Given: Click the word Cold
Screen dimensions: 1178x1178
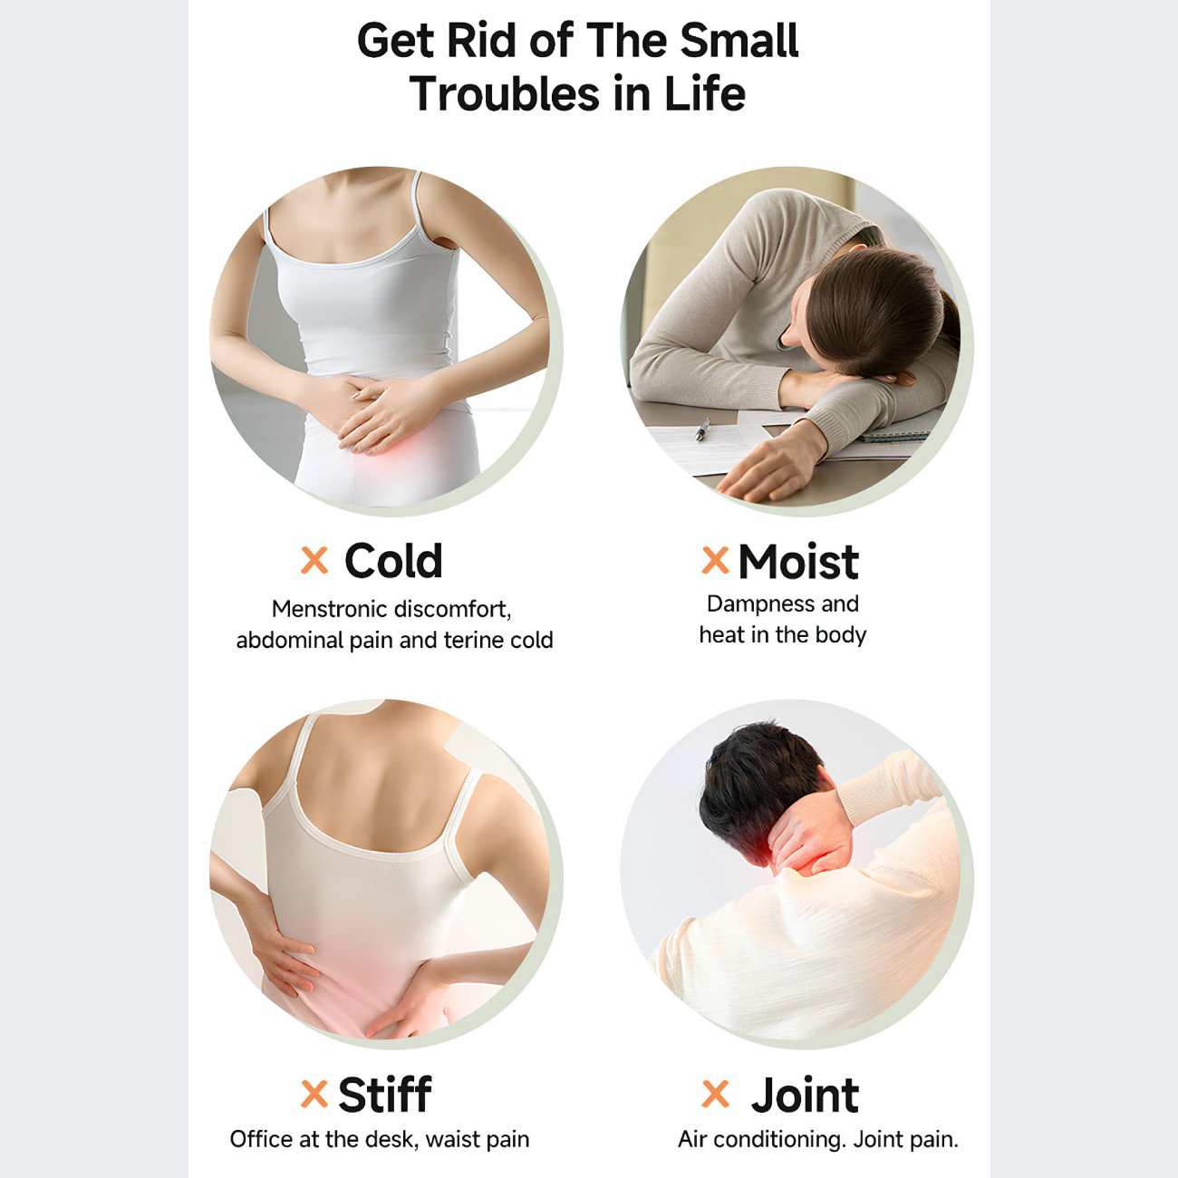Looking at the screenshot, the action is click(393, 561).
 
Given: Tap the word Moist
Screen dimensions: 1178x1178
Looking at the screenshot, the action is click(797, 561).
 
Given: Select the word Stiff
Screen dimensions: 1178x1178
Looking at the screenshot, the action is click(384, 1094).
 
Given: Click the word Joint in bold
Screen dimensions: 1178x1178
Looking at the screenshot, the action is click(805, 1095).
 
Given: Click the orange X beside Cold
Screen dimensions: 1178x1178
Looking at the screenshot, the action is click(314, 560).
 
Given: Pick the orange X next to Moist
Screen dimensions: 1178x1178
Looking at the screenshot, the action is click(715, 560).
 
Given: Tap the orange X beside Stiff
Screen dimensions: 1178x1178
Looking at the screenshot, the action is click(314, 1094).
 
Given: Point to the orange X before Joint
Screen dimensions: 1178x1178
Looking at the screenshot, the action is click(715, 1094).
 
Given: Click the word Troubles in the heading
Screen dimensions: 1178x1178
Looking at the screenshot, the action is click(505, 94).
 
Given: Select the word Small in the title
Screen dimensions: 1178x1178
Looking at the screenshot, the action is click(739, 41).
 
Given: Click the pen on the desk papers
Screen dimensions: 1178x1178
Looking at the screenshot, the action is click(703, 429).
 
